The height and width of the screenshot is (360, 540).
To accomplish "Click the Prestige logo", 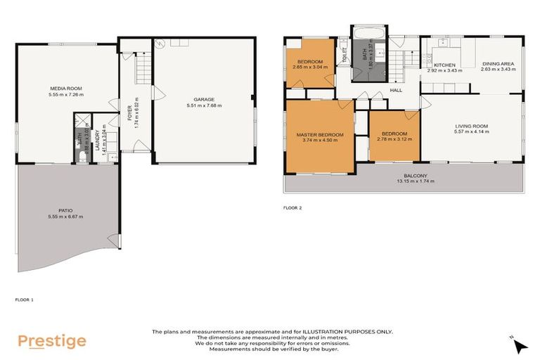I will tap(52, 342).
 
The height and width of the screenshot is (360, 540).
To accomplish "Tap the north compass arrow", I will tap(519, 345).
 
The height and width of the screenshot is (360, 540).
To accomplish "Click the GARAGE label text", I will tap(204, 99).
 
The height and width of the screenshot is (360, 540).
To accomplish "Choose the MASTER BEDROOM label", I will tap(320, 134).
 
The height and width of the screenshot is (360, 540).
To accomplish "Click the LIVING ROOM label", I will tap(471, 127).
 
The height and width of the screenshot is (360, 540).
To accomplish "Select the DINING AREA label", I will tap(498, 64).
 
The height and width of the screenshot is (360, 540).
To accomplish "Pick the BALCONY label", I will tap(414, 176).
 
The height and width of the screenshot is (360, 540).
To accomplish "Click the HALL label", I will tap(397, 90).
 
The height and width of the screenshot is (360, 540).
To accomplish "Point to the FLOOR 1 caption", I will tap(25, 300).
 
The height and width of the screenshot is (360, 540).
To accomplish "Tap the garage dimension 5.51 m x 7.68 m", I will tap(204, 105).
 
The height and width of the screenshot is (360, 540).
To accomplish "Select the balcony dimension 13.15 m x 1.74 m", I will tap(414, 181).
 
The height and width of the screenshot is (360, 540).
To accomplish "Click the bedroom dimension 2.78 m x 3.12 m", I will tap(394, 139).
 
